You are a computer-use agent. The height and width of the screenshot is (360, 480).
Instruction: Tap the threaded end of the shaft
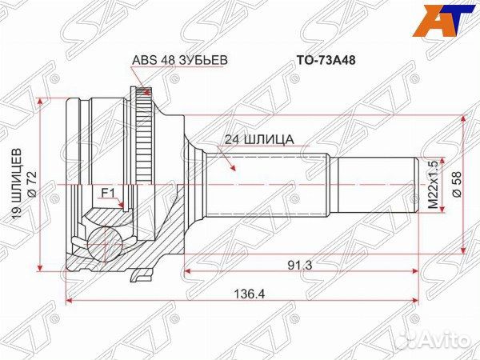click(x=426, y=184)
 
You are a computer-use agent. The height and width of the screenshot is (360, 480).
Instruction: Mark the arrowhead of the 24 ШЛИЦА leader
click(x=233, y=171)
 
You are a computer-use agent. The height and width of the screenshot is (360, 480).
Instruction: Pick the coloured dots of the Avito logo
click(x=410, y=341)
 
